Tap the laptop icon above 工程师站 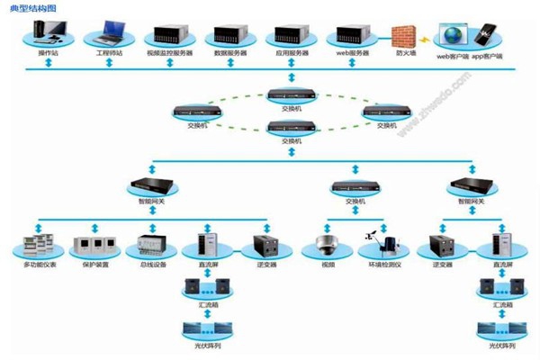point(108,35)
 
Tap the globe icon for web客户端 point(454,36)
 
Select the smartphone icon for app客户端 point(490,36)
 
